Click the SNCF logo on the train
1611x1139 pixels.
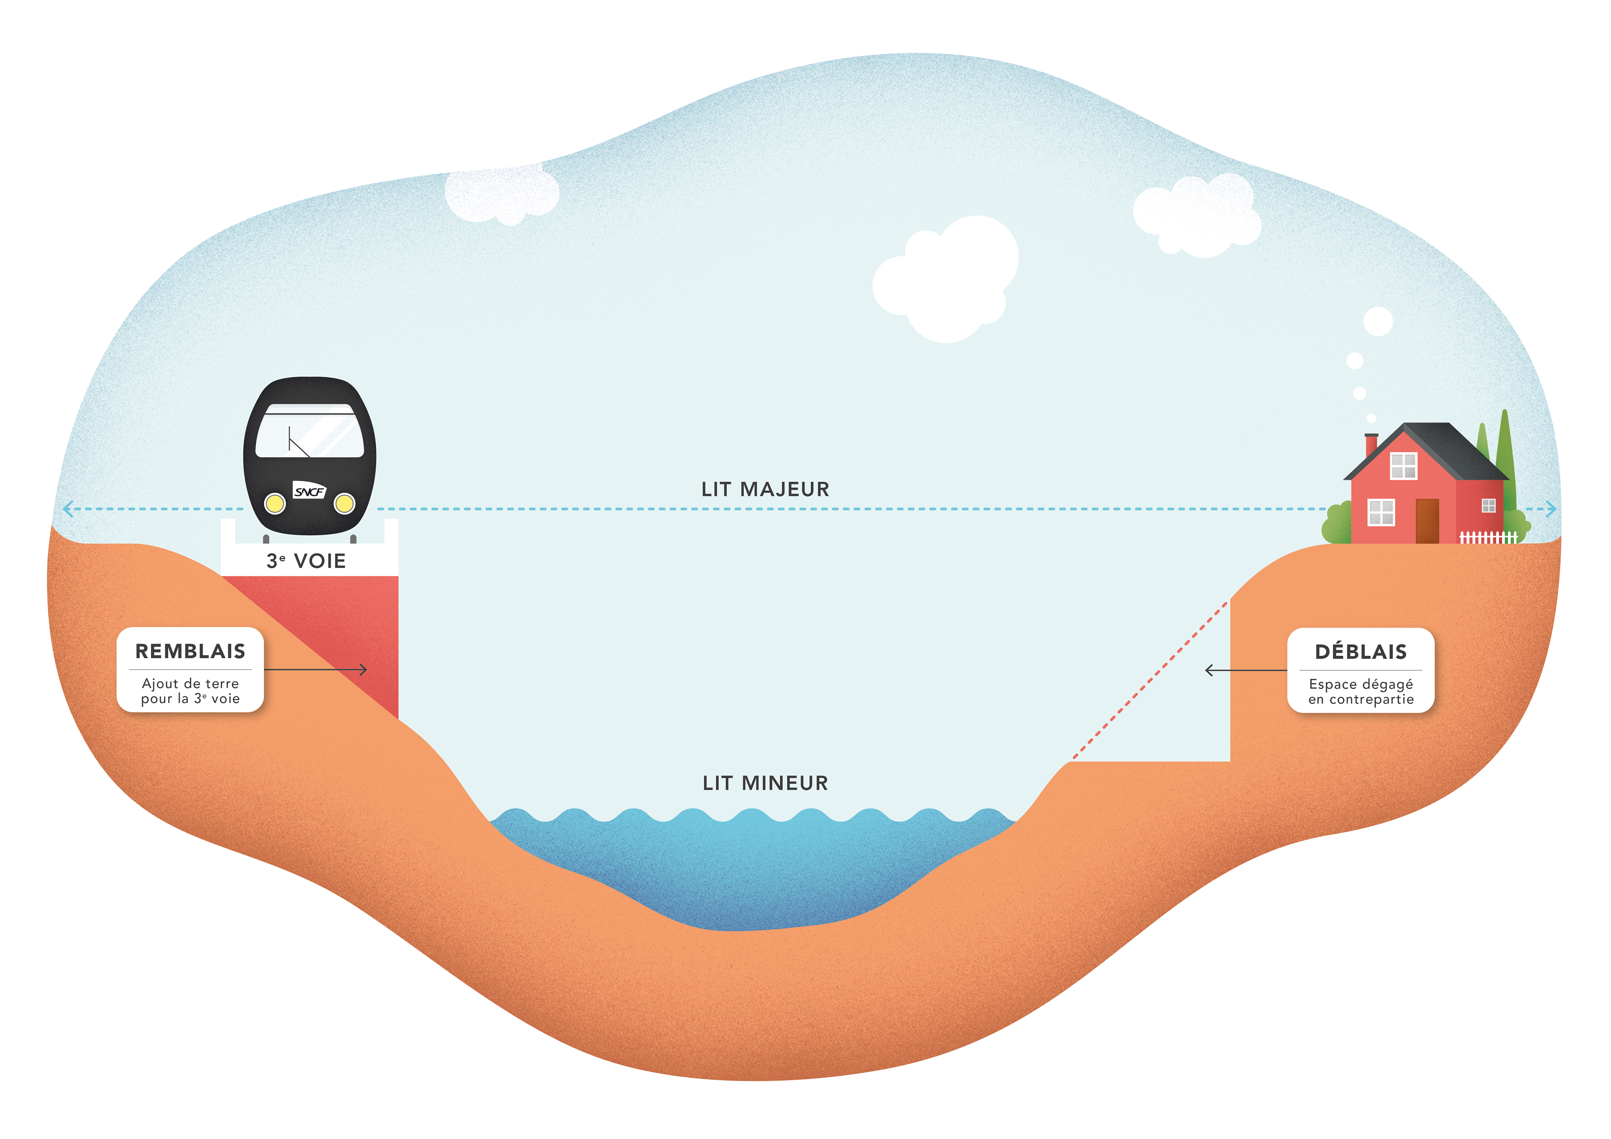[310, 490]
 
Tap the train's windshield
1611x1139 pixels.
[310, 431]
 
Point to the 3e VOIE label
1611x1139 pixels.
[306, 561]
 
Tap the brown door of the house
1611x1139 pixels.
[1427, 521]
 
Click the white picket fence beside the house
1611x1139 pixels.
[1488, 537]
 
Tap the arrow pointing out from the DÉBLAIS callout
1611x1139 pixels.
[1246, 670]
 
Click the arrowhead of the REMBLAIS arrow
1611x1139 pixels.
[363, 670]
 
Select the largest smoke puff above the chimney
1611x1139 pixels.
[1378, 321]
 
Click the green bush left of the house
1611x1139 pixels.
[1337, 523]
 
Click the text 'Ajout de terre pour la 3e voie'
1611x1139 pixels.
[190, 691]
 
